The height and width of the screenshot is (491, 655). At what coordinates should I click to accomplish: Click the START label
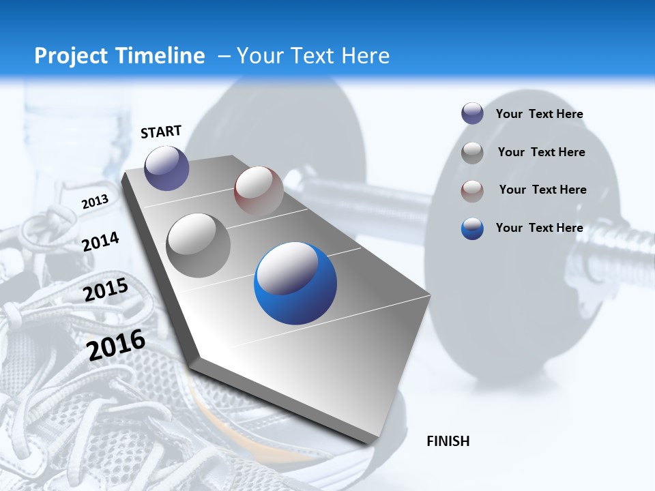pos(161,132)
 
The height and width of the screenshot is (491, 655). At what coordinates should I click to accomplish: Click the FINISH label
pos(448,441)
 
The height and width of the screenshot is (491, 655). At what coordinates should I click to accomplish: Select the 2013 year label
pos(95,201)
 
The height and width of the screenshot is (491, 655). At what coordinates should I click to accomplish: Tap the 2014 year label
pos(100,241)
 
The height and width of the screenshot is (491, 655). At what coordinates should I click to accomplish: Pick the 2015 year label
pos(106,290)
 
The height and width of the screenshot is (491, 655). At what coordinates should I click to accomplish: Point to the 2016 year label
pos(116,345)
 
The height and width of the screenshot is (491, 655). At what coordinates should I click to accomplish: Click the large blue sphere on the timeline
pos(295,283)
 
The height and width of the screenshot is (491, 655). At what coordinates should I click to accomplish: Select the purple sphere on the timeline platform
pos(166,168)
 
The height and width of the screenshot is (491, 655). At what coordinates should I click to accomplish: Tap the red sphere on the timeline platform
pos(259,190)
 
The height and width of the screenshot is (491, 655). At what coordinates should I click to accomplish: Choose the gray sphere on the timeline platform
pos(198,245)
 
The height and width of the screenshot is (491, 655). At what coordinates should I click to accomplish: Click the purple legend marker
pos(472,114)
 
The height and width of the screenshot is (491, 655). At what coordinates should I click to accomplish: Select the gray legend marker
pos(472,153)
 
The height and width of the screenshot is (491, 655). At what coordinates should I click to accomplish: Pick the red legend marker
pos(472,190)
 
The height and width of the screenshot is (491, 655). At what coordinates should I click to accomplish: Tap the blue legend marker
pos(472,228)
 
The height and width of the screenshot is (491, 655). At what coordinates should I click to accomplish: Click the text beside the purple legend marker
pos(539,115)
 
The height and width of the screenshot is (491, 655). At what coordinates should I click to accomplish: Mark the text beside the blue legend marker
pos(539,228)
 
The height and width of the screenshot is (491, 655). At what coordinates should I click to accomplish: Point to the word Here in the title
pos(366,56)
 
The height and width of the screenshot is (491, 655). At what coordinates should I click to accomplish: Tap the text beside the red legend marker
pos(542,190)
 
